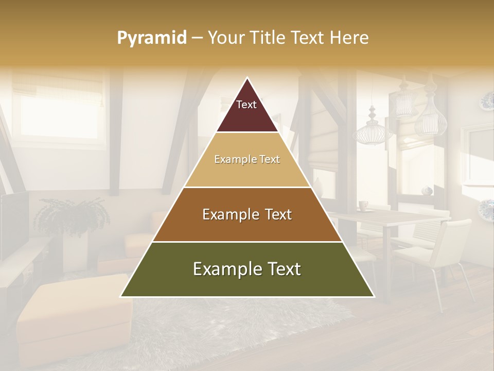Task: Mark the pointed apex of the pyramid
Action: [248, 79]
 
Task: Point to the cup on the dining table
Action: [363, 206]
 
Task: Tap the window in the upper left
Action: [57, 111]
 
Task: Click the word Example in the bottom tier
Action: [223, 269]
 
